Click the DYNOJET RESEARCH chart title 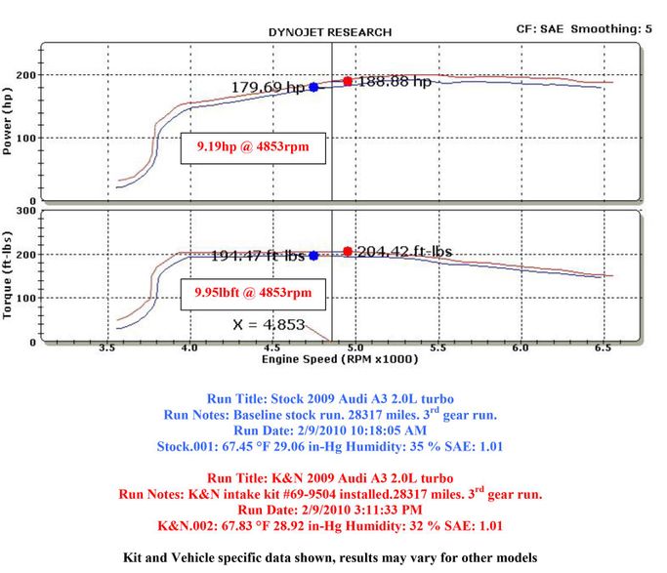coord(330,32)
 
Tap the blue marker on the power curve coord(313,87)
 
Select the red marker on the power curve coord(348,81)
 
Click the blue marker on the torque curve coord(313,256)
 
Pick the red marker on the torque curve coord(348,251)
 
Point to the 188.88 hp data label coord(395,81)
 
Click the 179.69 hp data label coord(269,87)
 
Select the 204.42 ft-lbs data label coord(404,252)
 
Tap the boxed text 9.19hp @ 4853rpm coord(253,147)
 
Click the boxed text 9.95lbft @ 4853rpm coord(253,293)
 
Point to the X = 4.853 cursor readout coord(269,325)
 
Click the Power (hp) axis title coord(7,121)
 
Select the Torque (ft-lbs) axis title coord(7,275)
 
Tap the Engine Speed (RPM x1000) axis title coord(340,359)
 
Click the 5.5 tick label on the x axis coord(438,348)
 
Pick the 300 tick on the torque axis coord(26,211)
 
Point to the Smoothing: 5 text coord(611,29)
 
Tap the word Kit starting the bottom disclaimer coord(133,557)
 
